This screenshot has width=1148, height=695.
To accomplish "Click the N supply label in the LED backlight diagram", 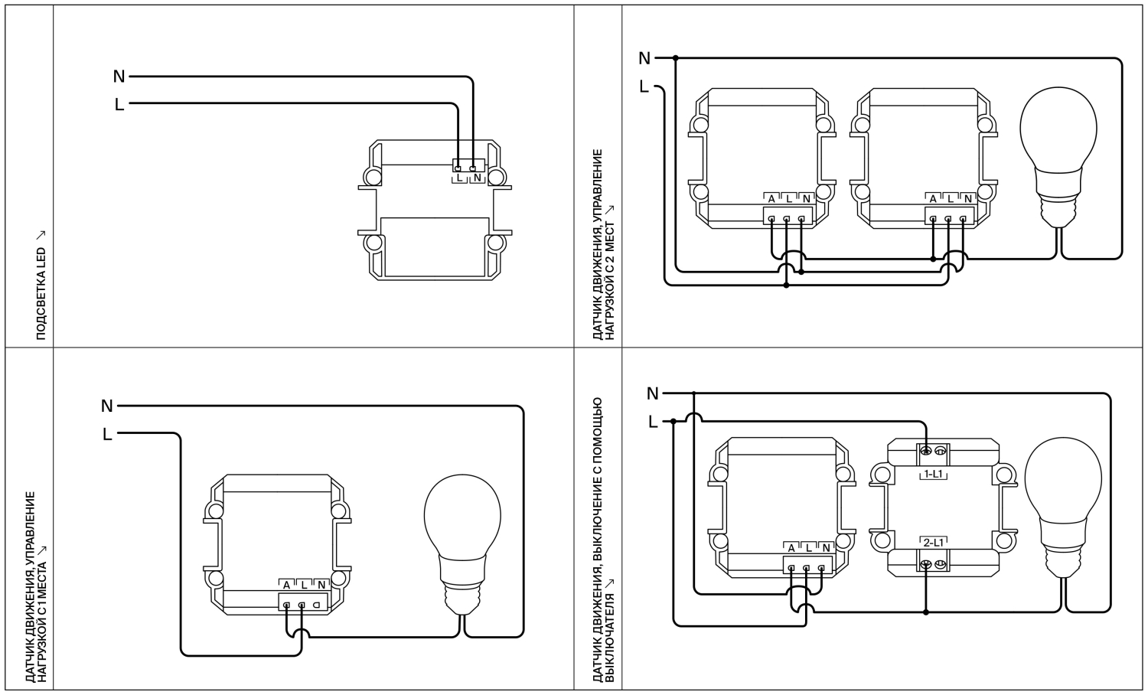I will tap(119, 77).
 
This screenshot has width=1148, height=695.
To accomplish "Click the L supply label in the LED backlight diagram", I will tap(119, 105).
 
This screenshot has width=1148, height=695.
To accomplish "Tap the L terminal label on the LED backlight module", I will tap(459, 178).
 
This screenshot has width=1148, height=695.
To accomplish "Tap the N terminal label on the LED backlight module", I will tap(478, 178).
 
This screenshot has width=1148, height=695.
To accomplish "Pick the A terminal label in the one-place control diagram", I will tap(286, 586).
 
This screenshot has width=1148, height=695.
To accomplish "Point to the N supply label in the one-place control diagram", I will tap(107, 406).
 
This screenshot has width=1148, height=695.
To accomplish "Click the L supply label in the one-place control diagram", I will tap(107, 435).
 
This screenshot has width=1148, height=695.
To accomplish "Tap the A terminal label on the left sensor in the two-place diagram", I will tap(771, 199).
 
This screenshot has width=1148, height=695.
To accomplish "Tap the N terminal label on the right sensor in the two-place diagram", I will tap(968, 199).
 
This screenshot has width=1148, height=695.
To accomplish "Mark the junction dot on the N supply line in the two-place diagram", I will tap(676, 58).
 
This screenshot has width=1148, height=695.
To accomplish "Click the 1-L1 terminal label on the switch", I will tap(934, 475).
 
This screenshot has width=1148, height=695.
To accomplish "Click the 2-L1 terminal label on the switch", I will tap(934, 542).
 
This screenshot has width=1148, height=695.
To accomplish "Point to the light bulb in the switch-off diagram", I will tap(1064, 505).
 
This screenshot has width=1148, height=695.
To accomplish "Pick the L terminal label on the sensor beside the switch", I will tap(808, 548).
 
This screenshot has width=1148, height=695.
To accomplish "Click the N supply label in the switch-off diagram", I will tap(652, 393).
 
